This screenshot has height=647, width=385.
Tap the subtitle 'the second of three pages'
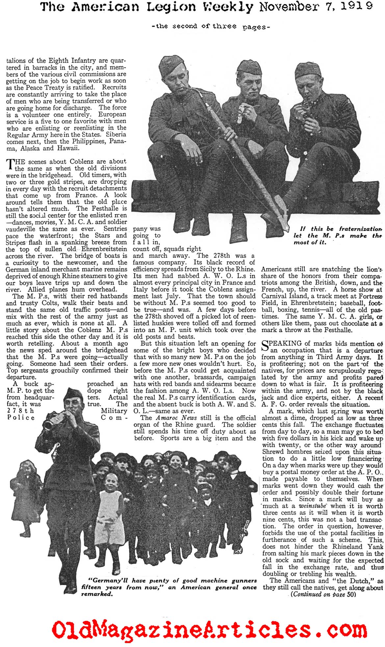tap(211, 27)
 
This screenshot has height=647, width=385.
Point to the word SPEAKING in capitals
tap(284, 343)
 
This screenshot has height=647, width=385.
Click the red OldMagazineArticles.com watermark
tap(210, 622)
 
